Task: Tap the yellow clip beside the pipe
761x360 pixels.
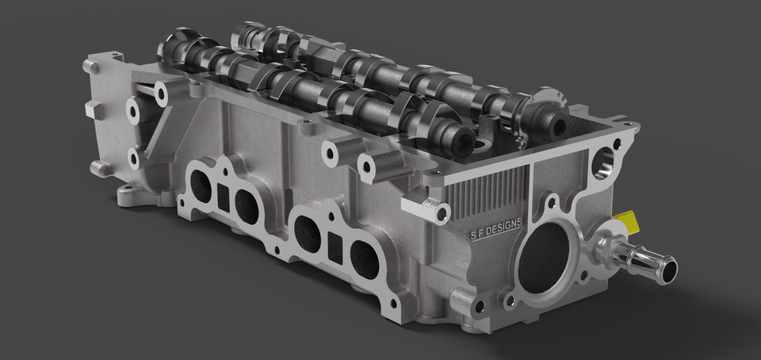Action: pos(629,220)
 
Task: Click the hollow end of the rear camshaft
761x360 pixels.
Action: pos(554,124)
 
